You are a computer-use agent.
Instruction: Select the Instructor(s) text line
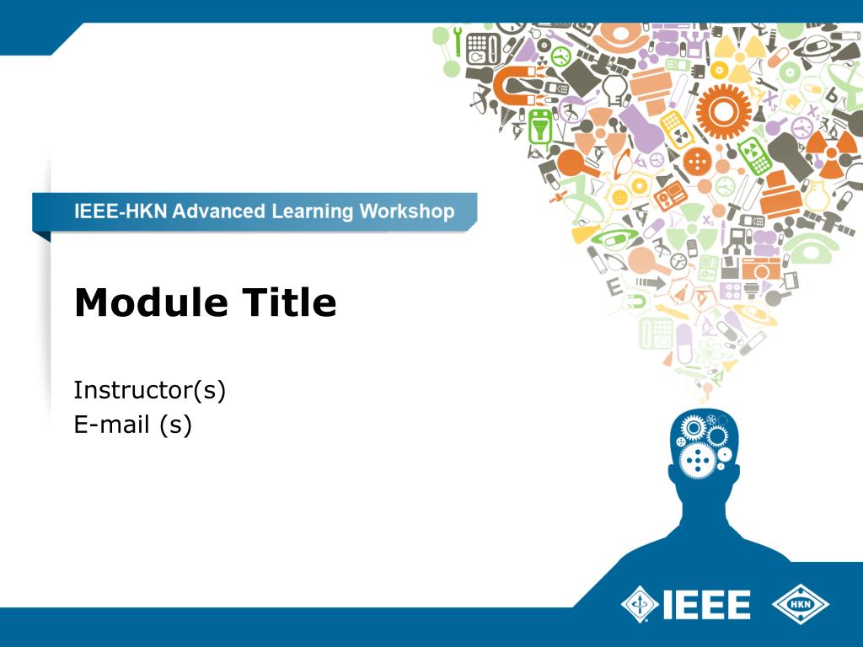click(x=150, y=390)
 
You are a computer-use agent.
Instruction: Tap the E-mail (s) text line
click(x=133, y=425)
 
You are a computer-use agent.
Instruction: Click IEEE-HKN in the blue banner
click(x=118, y=211)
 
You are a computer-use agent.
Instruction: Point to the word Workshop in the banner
click(x=407, y=211)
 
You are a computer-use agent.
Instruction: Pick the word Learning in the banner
click(x=312, y=211)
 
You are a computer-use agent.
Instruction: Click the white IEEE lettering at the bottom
click(x=706, y=603)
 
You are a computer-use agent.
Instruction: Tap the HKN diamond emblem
click(x=800, y=603)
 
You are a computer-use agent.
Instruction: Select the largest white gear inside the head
click(x=698, y=461)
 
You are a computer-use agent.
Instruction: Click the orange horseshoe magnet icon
click(x=511, y=84)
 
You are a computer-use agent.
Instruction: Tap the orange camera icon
click(x=762, y=269)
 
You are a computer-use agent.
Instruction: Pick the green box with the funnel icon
click(x=538, y=126)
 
